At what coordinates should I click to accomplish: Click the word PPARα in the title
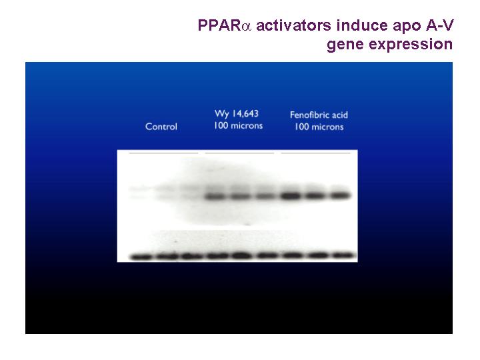[x=225, y=25]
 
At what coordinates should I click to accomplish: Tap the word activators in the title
[x=293, y=25]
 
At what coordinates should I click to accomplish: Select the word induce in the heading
[x=362, y=25]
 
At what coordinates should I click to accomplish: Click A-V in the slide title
[x=439, y=25]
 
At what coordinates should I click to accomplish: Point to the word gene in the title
[x=345, y=45]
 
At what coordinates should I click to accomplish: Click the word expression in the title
[x=411, y=45]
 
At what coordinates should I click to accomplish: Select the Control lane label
[x=161, y=127]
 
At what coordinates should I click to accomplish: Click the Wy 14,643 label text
[x=237, y=114]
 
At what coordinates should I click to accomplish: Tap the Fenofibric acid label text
[x=319, y=115]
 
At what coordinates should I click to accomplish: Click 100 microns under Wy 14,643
[x=239, y=126]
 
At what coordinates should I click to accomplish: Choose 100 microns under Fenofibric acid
[x=319, y=127]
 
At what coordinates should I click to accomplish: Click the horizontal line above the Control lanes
[x=163, y=153]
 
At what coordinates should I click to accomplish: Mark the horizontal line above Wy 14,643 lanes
[x=240, y=153]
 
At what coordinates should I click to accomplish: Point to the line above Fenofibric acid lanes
[x=315, y=153]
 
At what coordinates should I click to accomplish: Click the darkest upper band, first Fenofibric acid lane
[x=291, y=195]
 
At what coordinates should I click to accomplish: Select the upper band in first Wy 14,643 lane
[x=215, y=197]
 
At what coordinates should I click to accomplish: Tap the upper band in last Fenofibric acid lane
[x=340, y=195]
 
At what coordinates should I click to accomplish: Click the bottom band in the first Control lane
[x=141, y=257]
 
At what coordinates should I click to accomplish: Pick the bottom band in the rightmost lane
[x=343, y=255]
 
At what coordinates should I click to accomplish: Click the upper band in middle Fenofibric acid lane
[x=315, y=195]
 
